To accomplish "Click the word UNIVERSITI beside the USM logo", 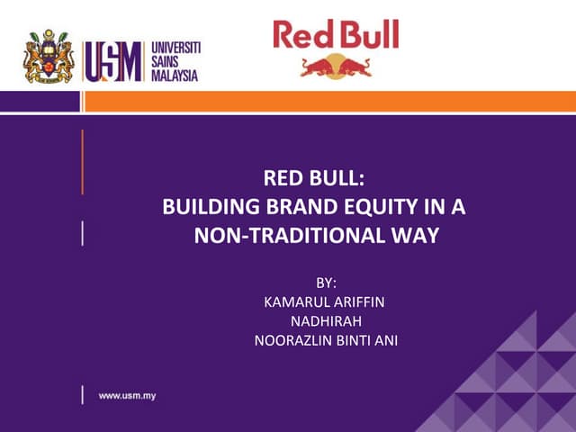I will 175,47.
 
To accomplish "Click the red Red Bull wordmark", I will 336,35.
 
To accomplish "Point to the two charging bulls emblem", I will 336,66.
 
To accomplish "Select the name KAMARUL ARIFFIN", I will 320,303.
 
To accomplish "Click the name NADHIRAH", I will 320,321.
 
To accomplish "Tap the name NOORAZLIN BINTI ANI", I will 320,340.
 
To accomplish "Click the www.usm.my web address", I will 127,396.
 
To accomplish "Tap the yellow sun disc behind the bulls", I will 336,63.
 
